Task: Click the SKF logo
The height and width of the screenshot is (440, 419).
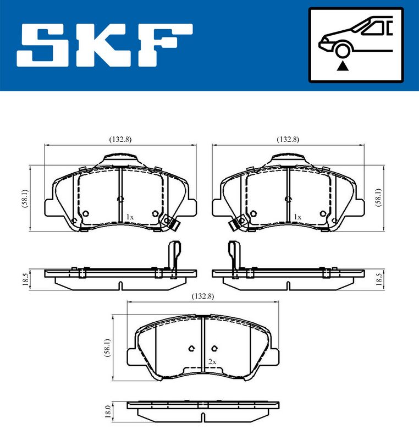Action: click(104, 45)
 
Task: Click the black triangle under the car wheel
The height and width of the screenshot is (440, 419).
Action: click(343, 66)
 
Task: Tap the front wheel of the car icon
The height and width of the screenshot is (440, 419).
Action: click(343, 51)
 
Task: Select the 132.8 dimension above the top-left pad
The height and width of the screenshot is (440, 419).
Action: click(120, 139)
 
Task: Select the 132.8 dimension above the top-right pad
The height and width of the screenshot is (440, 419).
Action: click(288, 139)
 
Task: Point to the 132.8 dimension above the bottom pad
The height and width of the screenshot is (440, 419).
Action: click(203, 296)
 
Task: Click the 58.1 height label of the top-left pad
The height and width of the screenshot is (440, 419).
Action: click(25, 199)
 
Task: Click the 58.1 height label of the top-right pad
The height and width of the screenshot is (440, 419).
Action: click(378, 197)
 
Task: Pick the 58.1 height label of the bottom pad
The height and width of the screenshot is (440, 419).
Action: click(107, 348)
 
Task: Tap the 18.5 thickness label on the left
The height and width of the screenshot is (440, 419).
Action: click(25, 279)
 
